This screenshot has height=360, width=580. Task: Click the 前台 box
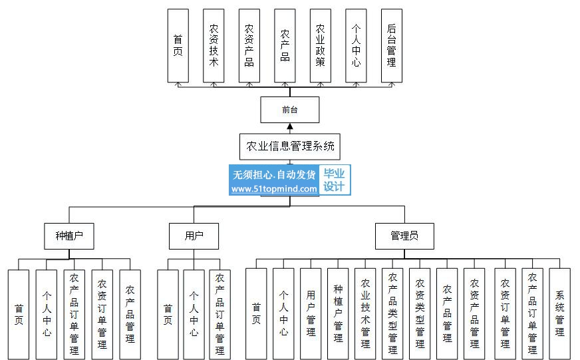(x=289, y=110)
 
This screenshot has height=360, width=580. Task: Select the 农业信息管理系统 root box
(x=289, y=146)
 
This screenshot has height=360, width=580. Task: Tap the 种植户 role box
(x=69, y=236)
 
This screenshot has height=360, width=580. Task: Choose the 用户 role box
(x=194, y=236)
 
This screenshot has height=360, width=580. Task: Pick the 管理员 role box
(x=404, y=236)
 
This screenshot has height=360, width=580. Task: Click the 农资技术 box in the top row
(x=214, y=45)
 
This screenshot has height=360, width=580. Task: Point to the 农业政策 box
(x=321, y=45)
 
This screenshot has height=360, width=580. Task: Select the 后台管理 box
(x=392, y=45)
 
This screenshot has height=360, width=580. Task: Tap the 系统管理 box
(x=559, y=313)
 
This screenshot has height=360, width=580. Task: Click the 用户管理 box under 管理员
(x=311, y=313)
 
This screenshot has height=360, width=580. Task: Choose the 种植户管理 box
(x=338, y=313)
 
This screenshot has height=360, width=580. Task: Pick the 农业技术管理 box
(x=365, y=313)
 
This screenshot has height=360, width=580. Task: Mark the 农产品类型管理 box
(x=393, y=313)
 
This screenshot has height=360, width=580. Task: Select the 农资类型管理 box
(x=420, y=313)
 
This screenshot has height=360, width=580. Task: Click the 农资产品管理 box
(x=475, y=313)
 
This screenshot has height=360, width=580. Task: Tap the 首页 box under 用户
(x=168, y=315)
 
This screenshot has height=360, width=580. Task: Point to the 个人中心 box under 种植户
(x=47, y=315)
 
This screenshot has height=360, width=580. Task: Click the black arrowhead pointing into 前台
(x=290, y=126)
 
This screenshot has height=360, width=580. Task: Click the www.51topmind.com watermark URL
(x=274, y=189)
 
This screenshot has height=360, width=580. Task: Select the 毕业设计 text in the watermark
(x=334, y=180)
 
